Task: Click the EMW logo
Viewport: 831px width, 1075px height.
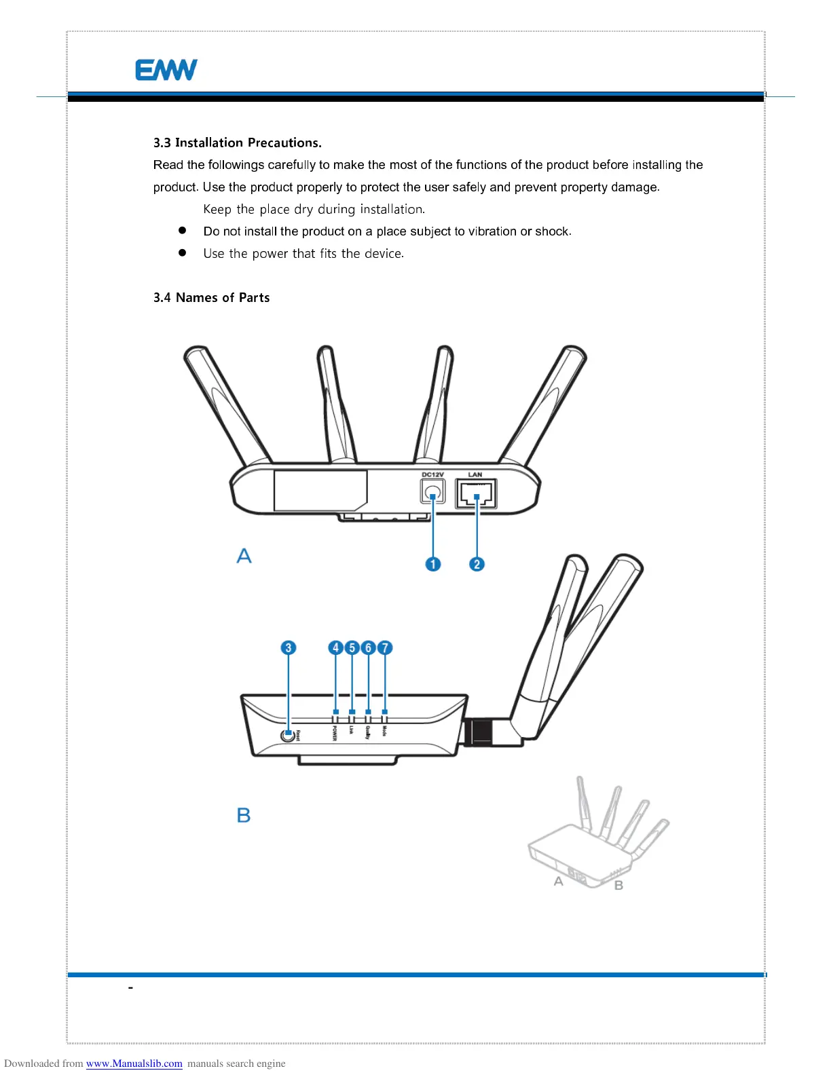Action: [x=166, y=70]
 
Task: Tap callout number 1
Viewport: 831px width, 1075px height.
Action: [x=432, y=564]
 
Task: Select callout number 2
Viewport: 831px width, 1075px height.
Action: [x=477, y=564]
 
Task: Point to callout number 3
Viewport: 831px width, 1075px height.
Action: [x=289, y=647]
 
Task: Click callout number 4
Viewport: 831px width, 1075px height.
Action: [x=335, y=647]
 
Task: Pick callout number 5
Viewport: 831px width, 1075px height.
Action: [x=352, y=647]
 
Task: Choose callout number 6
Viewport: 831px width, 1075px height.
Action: [x=368, y=647]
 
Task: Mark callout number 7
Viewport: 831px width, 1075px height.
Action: [x=385, y=647]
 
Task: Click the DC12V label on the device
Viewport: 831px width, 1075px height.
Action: [x=432, y=474]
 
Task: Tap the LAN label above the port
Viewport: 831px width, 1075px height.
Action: [x=475, y=474]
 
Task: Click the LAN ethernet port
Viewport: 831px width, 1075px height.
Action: [x=476, y=493]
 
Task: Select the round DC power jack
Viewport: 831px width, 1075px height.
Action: [x=432, y=491]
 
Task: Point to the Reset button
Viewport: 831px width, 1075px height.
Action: [x=289, y=735]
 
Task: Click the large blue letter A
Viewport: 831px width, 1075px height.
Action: [x=244, y=556]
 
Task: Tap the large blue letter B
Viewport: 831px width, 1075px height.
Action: [x=244, y=815]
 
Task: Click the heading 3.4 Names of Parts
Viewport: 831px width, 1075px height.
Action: [x=211, y=297]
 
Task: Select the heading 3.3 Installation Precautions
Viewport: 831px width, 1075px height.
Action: [x=237, y=143]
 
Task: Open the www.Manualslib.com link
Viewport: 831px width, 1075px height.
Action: [x=134, y=1063]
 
